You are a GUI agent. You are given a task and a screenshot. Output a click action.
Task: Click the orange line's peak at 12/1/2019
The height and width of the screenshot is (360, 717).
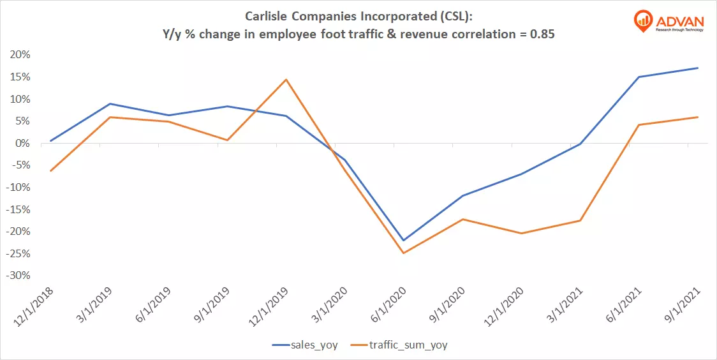point(286,80)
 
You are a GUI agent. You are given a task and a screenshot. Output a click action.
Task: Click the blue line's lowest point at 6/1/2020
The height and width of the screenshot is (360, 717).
point(403,241)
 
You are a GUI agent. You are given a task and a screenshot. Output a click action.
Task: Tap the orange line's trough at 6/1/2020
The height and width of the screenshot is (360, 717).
point(403,253)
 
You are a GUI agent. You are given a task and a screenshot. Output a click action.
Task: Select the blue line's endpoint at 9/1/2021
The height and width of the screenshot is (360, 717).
point(698,68)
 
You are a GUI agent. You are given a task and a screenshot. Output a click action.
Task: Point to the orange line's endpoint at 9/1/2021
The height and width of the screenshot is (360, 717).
point(698,117)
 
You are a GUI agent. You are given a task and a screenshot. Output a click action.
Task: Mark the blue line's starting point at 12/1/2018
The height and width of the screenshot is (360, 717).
point(50,141)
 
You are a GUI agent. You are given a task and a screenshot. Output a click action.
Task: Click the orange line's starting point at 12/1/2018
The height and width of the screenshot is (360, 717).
point(50,171)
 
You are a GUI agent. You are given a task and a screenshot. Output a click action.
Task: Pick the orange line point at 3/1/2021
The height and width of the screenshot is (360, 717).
point(580,221)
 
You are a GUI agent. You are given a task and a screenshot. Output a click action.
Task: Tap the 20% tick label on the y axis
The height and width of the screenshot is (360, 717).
point(20,55)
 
